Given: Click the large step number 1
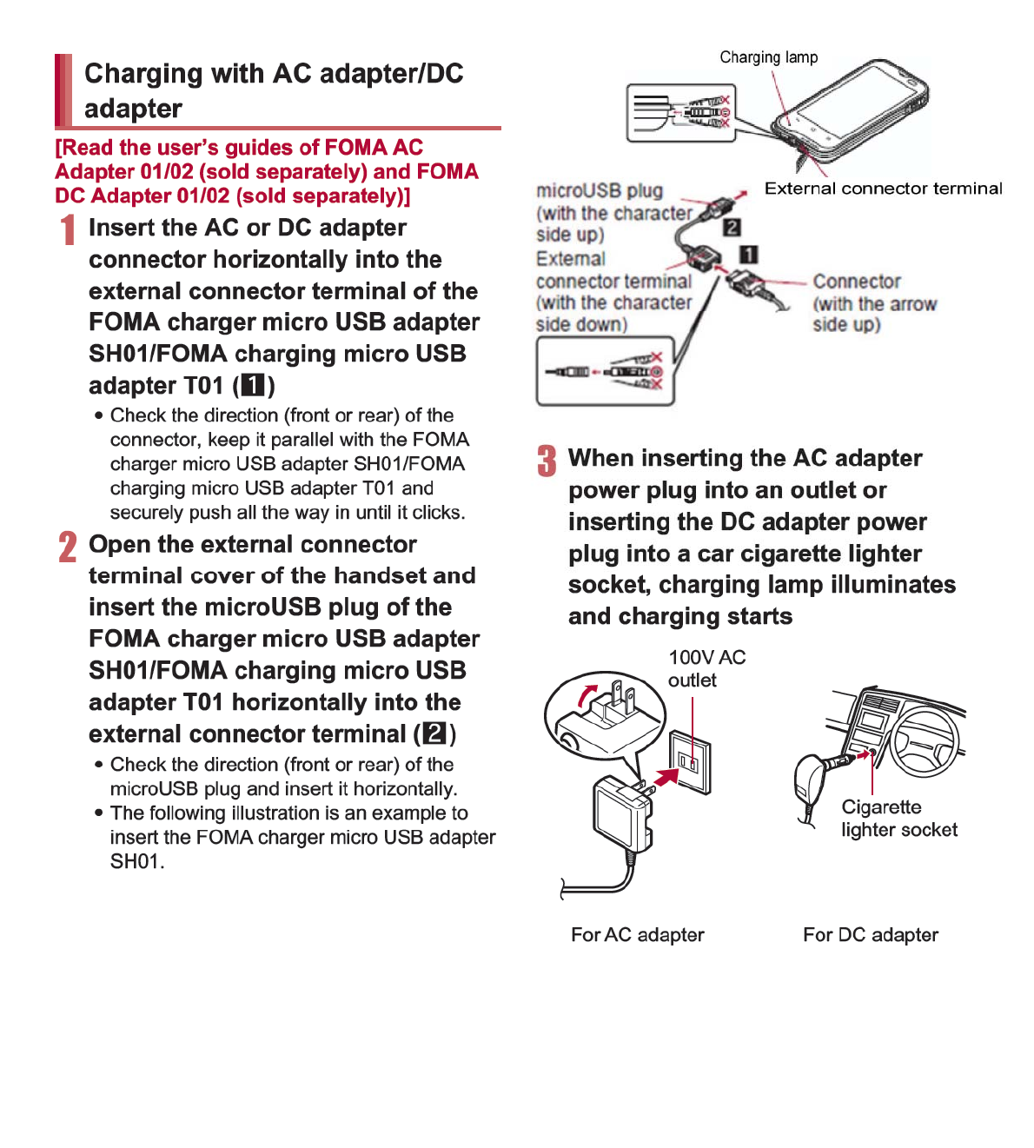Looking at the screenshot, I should [68, 230].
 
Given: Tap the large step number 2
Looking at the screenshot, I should [68, 547].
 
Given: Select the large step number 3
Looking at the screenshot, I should [547, 461].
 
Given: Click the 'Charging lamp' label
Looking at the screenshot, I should [768, 57].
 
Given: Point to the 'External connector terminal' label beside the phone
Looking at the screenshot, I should [883, 189].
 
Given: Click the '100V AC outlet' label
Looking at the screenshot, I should [706, 668].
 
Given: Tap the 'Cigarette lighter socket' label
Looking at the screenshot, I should [898, 818].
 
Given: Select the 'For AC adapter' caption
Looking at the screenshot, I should [637, 935].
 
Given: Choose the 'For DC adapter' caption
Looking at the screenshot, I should [870, 935].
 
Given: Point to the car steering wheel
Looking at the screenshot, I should [926, 739].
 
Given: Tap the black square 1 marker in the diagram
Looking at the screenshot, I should [748, 255].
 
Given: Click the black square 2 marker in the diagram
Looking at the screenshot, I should [732, 227].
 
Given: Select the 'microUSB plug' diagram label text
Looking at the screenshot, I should [599, 191].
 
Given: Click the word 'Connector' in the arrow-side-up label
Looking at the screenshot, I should [856, 282].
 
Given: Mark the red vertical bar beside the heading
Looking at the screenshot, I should [63, 90].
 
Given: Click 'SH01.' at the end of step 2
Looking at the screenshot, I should [136, 862].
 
